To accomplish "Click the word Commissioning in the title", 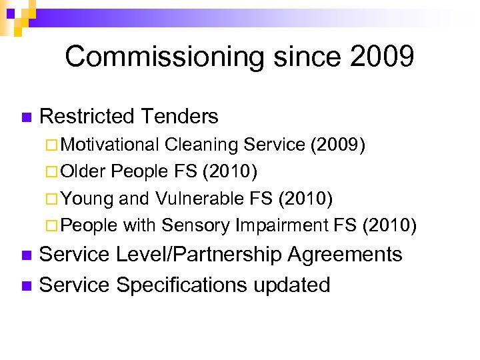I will [157, 57].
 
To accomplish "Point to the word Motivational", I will [111, 145].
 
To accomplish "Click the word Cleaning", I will [201, 145].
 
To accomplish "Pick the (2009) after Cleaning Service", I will [338, 145].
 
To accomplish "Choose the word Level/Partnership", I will [199, 255].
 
